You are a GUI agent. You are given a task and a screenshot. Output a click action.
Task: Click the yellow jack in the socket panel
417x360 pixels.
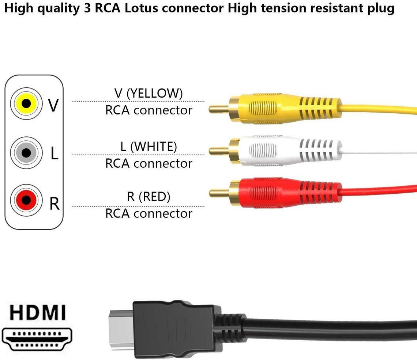[26, 103]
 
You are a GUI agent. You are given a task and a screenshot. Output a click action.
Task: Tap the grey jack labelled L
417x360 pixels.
[26, 152]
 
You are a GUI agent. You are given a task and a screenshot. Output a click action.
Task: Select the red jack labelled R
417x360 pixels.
[26, 200]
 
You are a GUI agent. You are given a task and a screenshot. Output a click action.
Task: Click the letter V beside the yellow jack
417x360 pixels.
[53, 105]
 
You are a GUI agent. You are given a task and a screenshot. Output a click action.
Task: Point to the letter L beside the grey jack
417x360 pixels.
[54, 154]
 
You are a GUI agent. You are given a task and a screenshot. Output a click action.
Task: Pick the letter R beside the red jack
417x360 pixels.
[54, 204]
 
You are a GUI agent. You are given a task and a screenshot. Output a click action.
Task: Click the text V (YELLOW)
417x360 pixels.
[149, 93]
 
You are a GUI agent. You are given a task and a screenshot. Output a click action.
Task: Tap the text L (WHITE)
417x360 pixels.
[149, 147]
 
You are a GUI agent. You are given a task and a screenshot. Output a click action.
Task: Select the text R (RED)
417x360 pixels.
[149, 197]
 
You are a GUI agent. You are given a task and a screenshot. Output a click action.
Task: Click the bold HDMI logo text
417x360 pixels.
[37, 313]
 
